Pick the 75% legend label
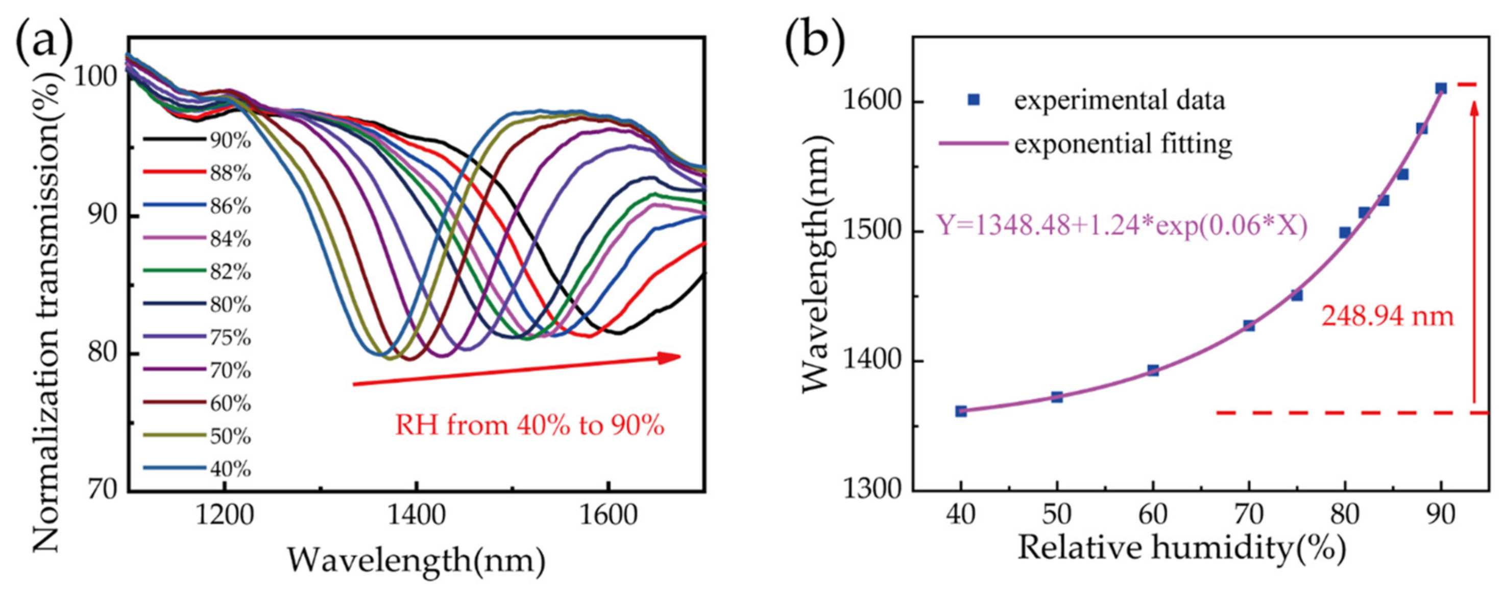[231, 338]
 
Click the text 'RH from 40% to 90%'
[529, 426]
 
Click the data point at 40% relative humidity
[961, 411]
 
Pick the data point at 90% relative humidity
[1441, 89]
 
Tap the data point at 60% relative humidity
[1153, 370]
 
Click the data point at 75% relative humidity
[1297, 296]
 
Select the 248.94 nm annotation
[1387, 317]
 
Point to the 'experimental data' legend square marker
[973, 100]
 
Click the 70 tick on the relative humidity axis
[1249, 516]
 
